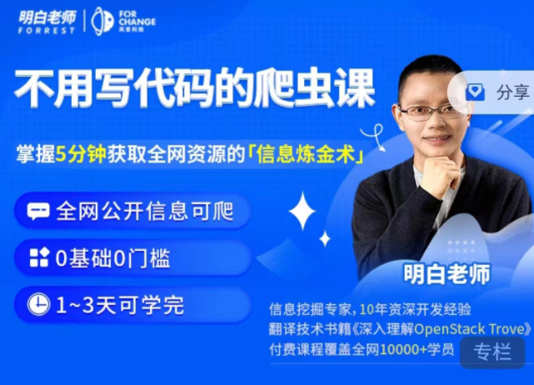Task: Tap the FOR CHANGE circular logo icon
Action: (x=102, y=20)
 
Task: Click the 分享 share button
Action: (x=498, y=92)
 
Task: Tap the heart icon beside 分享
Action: (x=475, y=92)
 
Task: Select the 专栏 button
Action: (x=492, y=352)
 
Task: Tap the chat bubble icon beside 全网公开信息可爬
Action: (x=38, y=212)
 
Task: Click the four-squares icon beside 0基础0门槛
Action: (x=38, y=258)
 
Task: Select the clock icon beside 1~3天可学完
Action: (x=38, y=305)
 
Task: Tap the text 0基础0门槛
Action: (x=112, y=258)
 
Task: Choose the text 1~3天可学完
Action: (x=120, y=305)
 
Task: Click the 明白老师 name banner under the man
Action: (x=446, y=272)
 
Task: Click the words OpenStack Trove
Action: (x=472, y=327)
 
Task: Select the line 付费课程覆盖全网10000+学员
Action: (x=361, y=348)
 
